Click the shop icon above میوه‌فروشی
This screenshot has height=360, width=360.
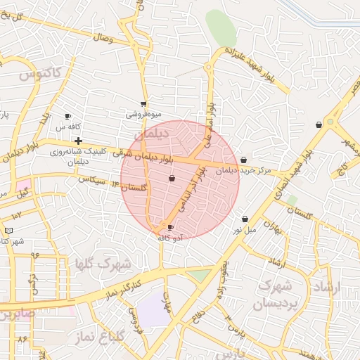coord(143,104)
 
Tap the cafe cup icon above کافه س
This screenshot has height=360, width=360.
coord(67,116)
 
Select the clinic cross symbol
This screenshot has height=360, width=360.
coord(78,141)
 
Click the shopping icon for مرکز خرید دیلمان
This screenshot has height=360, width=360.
coord(243,160)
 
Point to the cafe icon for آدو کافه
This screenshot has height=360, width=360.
coord(170,227)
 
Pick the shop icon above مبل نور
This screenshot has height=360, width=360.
coord(245,219)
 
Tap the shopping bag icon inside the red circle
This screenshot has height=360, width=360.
coord(172,180)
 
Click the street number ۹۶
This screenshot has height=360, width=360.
coord(35,255)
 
